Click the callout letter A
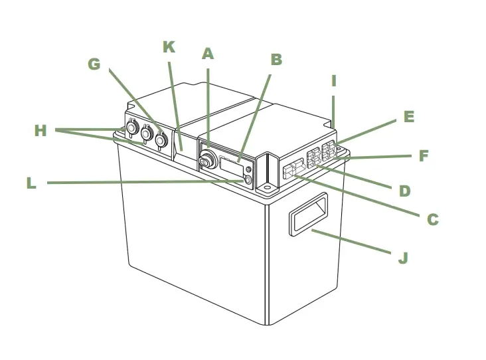point(208,54)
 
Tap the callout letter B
point(276,60)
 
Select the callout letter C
point(432,219)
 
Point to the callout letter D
point(404,191)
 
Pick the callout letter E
point(409,117)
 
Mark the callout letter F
point(423,157)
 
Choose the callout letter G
point(94,64)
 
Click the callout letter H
point(40,131)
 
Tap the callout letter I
point(334,81)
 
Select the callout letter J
point(402,258)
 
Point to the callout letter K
point(169,47)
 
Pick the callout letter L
point(31,183)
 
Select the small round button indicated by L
point(248,180)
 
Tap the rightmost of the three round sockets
point(160,140)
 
